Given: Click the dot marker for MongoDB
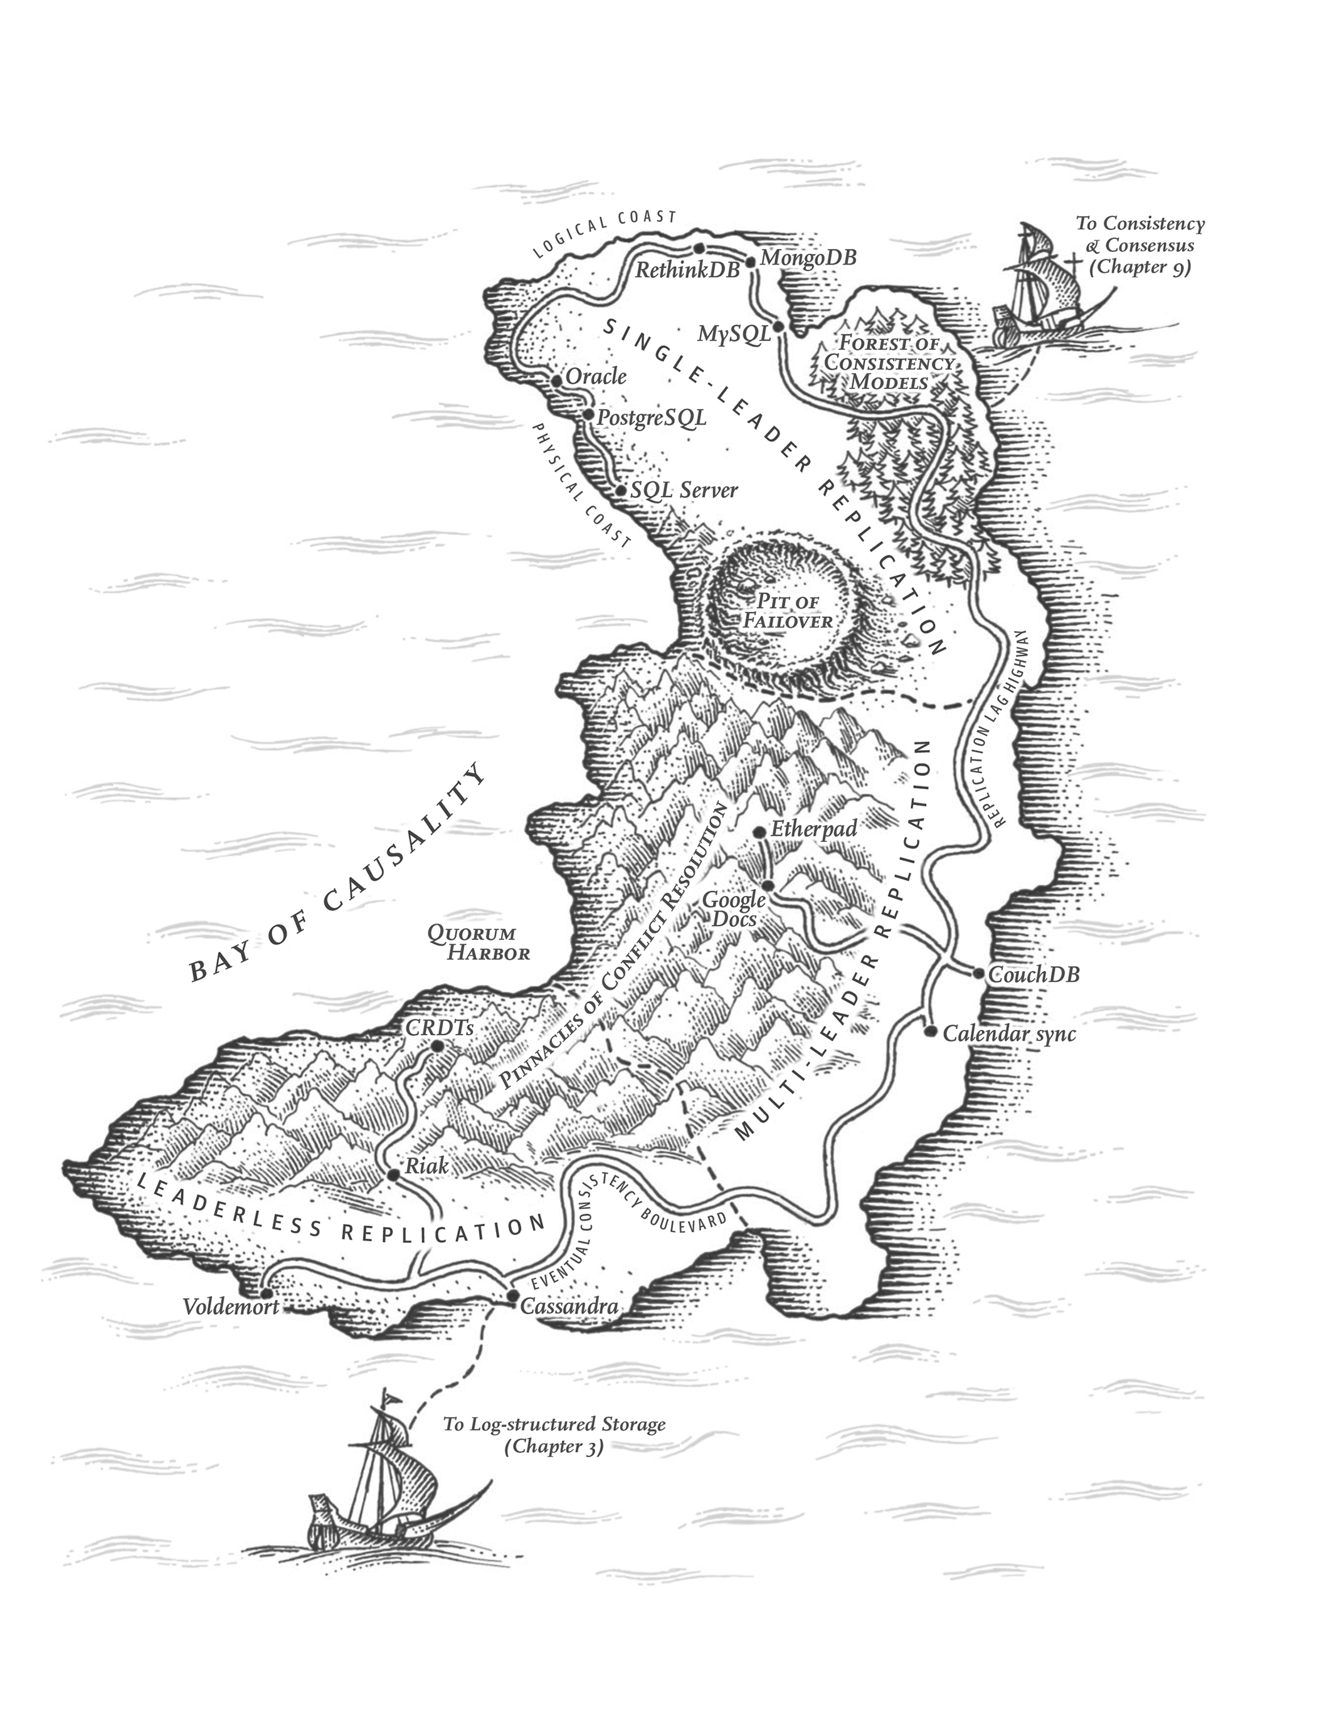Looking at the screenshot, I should click(750, 261).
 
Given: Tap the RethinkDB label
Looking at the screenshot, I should click(687, 270).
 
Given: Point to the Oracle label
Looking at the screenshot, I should click(596, 376).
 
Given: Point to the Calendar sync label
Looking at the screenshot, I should click(1009, 1034).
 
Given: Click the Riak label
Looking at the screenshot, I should click(426, 1166).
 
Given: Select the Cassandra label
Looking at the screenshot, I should click(569, 1307).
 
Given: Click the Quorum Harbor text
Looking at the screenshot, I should click(478, 943).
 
